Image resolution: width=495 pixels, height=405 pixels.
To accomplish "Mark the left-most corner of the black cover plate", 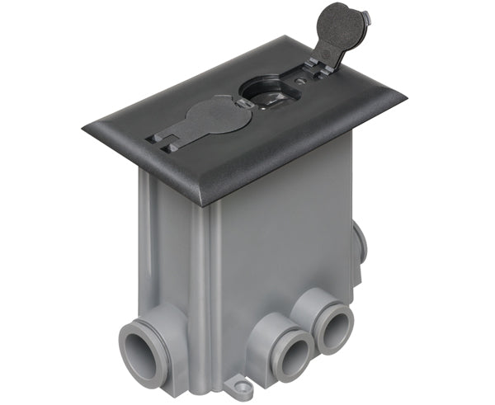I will click(84, 127).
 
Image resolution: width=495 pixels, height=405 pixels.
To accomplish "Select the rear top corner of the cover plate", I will click(287, 37).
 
